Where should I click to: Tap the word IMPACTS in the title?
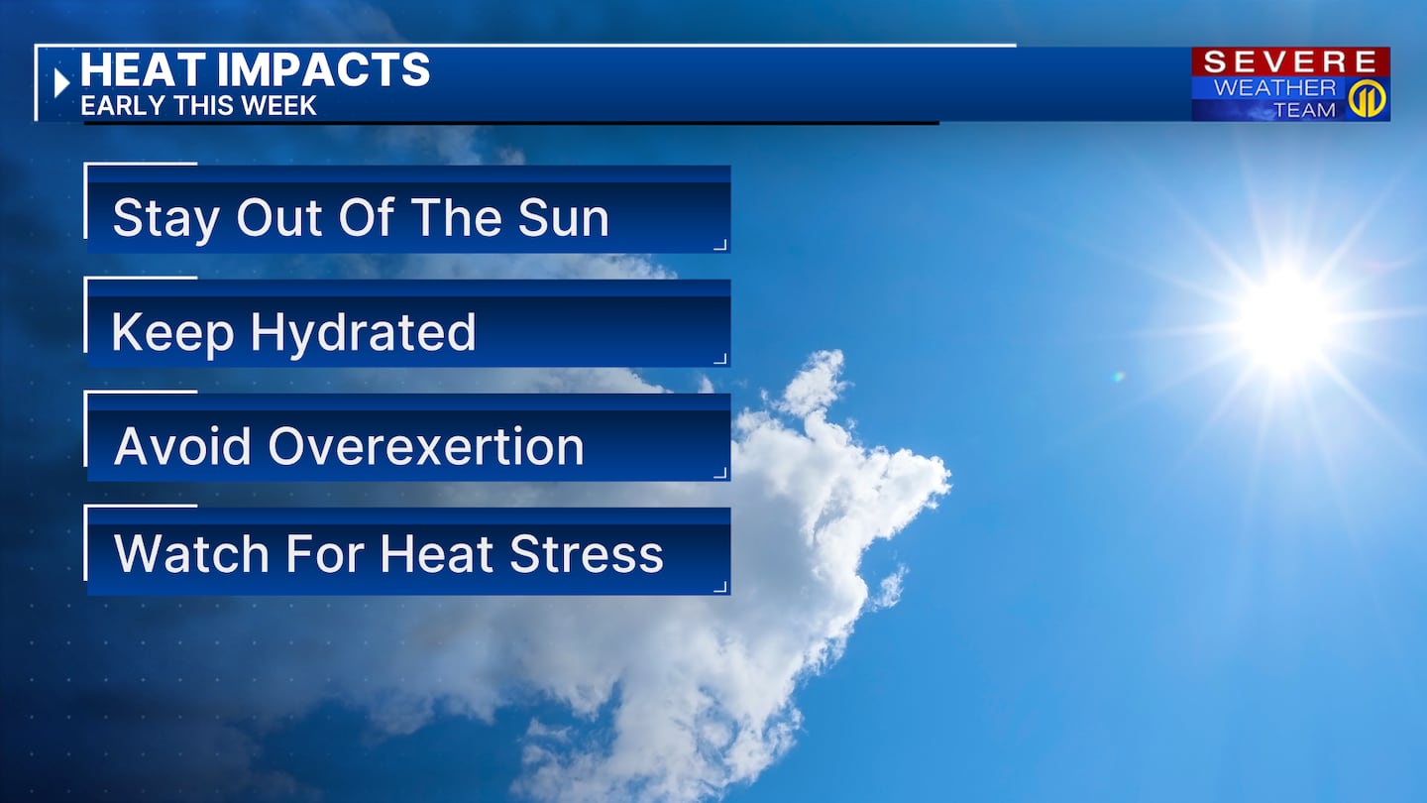pos(324,69)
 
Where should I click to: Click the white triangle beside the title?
pos(61,83)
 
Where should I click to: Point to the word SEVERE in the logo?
pos(1290,62)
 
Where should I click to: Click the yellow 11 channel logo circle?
pos(1368,99)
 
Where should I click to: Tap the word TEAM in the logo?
pos(1304,110)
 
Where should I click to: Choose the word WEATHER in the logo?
pos(1274,87)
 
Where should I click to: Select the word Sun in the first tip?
pos(563,218)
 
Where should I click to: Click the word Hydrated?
pos(363,334)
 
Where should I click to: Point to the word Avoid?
pos(182,446)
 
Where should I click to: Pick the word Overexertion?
pos(425,446)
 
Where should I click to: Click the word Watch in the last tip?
pos(191,553)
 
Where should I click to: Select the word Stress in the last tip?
pos(586,554)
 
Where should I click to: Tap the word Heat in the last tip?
pos(436,553)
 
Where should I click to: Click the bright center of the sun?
pos(1288,323)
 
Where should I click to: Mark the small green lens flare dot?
pos(1118,378)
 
